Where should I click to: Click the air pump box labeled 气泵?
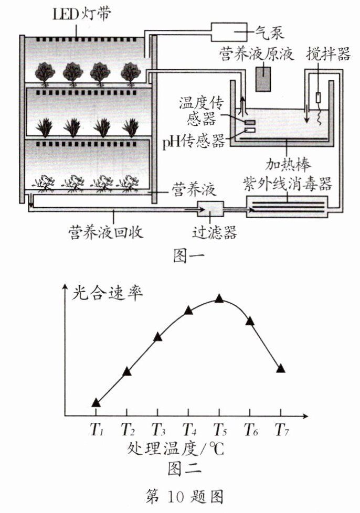pos(229,33)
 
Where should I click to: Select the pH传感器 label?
pos(193,140)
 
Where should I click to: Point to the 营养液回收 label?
pos(109,231)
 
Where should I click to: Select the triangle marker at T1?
pos(96,402)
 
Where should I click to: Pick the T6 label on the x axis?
pos(251,431)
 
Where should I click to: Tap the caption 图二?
pos(181,466)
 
